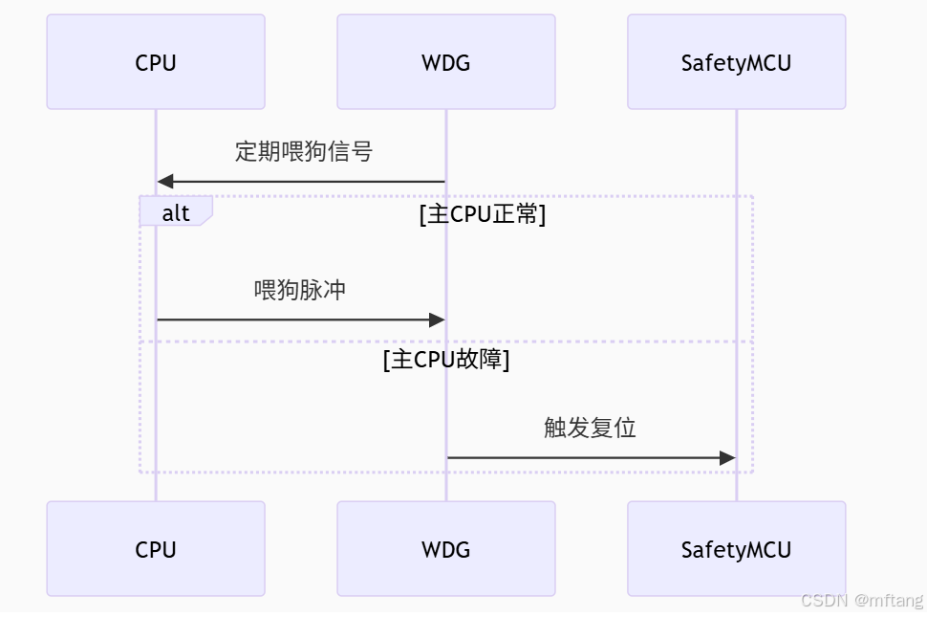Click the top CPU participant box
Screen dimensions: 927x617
[x=156, y=62]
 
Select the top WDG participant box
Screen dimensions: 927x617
[x=446, y=62]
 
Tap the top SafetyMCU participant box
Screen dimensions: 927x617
[x=737, y=62]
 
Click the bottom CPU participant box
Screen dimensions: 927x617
[x=156, y=549]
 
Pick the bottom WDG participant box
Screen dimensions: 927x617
[x=446, y=549]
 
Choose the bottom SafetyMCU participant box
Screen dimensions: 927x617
[x=737, y=549]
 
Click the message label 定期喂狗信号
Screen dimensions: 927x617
[x=304, y=151]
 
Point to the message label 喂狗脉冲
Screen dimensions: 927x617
[x=300, y=290]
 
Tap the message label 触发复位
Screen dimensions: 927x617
[x=590, y=428]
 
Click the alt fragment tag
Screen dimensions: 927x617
[x=176, y=211]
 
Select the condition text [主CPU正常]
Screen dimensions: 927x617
[x=483, y=214]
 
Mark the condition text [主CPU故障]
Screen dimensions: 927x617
[x=446, y=359]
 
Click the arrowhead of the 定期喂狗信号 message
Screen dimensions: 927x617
[x=165, y=182]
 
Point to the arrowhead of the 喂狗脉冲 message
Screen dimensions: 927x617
[x=437, y=320]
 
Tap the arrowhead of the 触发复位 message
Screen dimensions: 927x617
[x=727, y=458]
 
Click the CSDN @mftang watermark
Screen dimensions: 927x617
[x=862, y=600]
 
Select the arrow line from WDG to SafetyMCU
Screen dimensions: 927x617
[x=592, y=458]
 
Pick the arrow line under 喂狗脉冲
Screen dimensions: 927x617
[x=301, y=320]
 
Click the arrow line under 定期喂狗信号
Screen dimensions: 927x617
[x=301, y=182]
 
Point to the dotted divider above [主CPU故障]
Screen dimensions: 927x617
[x=446, y=342]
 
